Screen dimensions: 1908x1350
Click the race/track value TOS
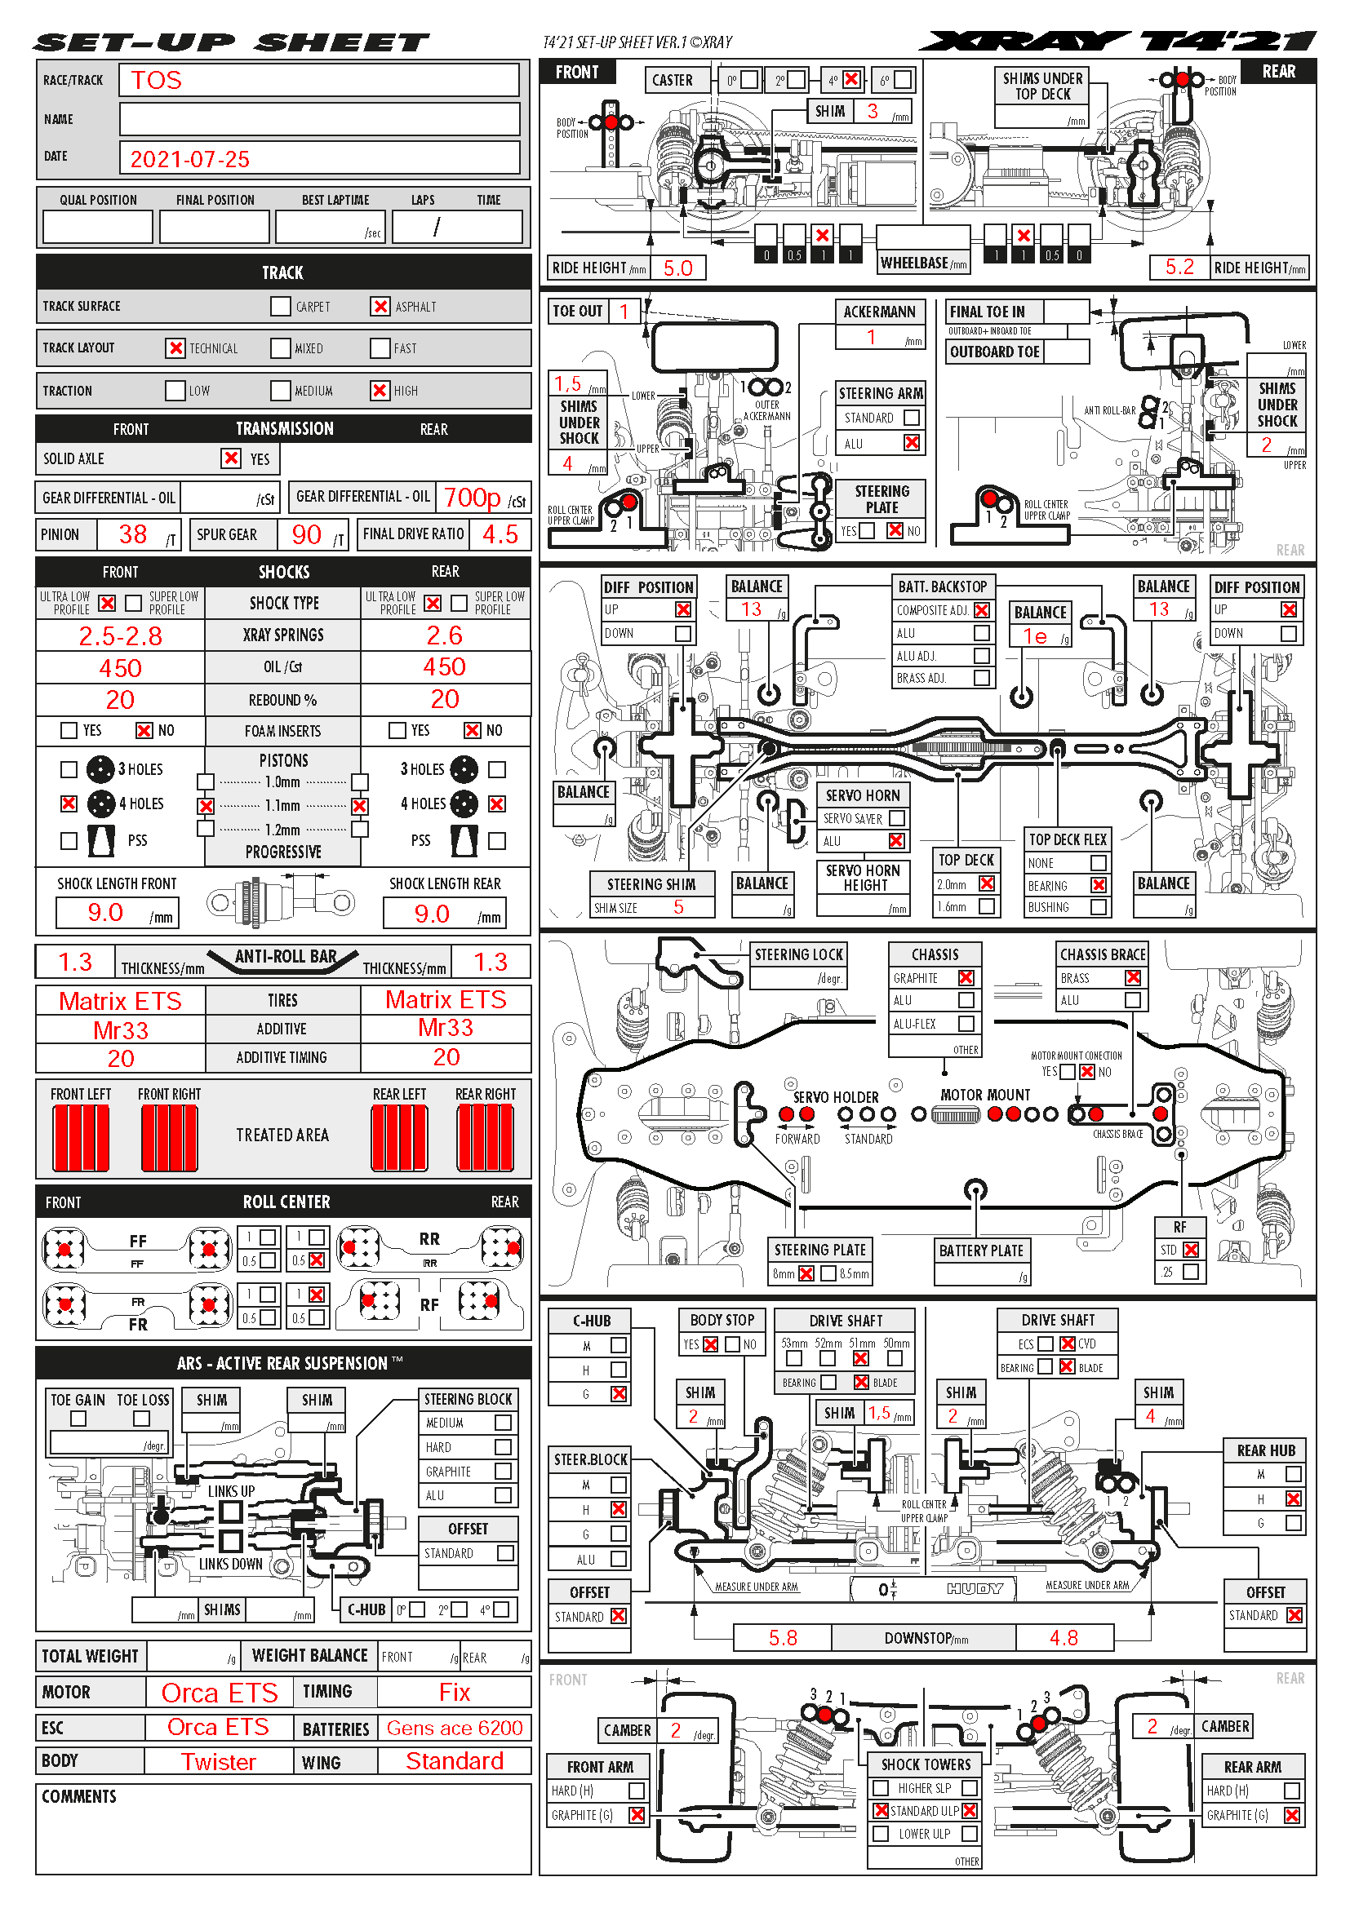[x=156, y=81]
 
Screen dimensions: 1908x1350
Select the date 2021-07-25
[x=189, y=159]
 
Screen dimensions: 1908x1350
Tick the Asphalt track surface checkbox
[x=380, y=307]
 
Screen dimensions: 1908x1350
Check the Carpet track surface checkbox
[x=280, y=307]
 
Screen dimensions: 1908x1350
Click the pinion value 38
[x=133, y=534]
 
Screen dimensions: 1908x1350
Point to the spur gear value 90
[x=306, y=534]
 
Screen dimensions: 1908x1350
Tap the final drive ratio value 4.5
[x=500, y=534]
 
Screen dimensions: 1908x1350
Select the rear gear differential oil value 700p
[x=471, y=498]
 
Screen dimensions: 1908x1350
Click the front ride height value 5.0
[x=677, y=268]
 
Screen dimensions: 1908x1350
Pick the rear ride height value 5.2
[x=1179, y=267]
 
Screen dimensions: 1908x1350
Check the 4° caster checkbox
[x=851, y=80]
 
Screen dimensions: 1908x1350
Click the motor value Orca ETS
[x=220, y=1693]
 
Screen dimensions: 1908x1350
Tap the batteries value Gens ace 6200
[x=454, y=1729]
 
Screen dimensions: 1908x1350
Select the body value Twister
[x=219, y=1762]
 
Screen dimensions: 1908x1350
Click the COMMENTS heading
[x=79, y=1796]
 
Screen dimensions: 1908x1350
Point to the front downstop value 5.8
[x=782, y=1638]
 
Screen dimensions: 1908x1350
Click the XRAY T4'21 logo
[x=1117, y=41]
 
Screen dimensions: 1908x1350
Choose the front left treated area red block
[x=81, y=1138]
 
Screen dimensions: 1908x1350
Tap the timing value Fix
[x=455, y=1693]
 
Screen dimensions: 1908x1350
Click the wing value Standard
[x=454, y=1761]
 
